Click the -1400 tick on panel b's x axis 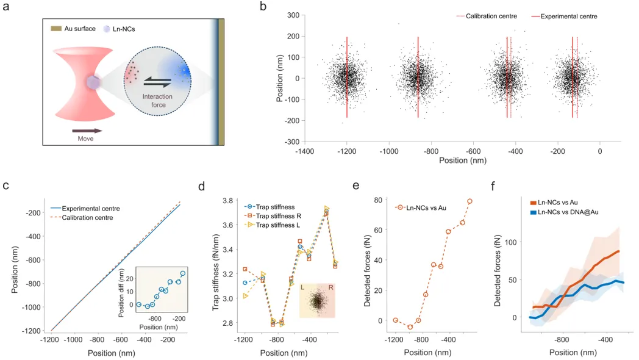tap(304, 151)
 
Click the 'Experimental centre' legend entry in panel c tap(91, 209)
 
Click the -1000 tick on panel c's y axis tap(27, 308)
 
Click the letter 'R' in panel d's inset tap(330, 287)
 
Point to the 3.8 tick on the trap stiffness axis tap(227, 200)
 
